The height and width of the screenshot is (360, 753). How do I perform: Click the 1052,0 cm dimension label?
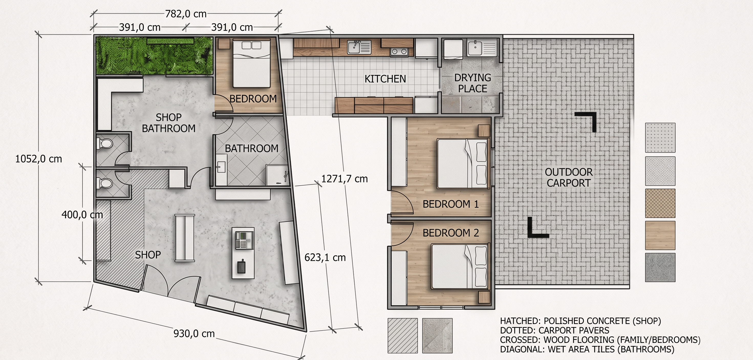[39, 159]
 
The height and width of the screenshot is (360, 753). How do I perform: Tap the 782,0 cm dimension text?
[186, 14]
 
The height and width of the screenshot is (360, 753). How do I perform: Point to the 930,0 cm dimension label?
[194, 333]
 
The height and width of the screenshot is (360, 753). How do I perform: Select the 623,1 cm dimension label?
[325, 257]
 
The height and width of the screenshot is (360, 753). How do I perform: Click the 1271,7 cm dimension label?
[344, 179]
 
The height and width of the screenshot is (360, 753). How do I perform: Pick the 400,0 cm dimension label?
[82, 215]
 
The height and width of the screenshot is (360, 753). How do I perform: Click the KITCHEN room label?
[385, 79]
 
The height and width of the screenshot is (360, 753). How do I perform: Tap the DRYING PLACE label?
[473, 83]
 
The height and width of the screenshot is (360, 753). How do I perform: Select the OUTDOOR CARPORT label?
[568, 177]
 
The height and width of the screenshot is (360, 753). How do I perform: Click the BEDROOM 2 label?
[451, 233]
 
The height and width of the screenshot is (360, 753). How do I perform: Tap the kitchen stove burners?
[399, 52]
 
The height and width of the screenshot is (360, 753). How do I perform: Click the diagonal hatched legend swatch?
[403, 335]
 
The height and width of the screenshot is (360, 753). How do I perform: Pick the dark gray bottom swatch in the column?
[660, 267]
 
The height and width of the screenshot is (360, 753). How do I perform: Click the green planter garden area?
[154, 55]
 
